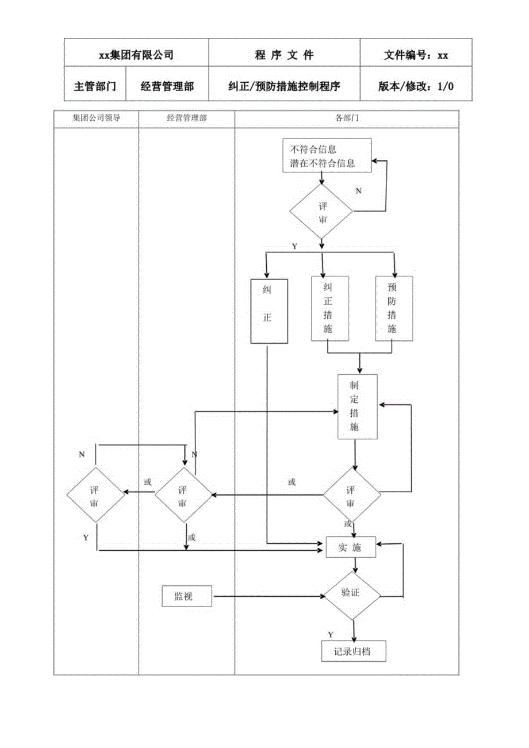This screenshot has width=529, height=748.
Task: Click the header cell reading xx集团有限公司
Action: click(136, 55)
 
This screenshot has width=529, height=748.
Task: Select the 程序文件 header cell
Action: click(284, 55)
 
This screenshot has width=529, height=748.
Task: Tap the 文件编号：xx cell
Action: click(415, 55)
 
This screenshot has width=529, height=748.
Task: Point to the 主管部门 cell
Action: click(95, 87)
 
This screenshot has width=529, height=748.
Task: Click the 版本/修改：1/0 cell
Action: click(415, 87)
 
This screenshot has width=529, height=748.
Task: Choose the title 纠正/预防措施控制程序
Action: click(284, 87)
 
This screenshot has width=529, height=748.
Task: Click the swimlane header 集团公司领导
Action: click(96, 118)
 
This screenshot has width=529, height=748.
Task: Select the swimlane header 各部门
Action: click(347, 118)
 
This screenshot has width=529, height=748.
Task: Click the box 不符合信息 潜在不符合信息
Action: click(327, 156)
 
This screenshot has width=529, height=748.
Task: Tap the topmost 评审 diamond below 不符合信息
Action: click(321, 212)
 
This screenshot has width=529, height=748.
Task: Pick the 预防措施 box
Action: click(393, 308)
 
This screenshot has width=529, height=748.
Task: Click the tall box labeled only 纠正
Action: click(269, 310)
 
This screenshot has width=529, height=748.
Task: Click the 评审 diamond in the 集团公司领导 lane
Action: click(95, 494)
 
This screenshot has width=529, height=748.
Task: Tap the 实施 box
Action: click(351, 548)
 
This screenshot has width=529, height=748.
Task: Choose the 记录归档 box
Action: click(352, 651)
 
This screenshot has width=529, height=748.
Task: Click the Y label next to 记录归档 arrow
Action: click(331, 634)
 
